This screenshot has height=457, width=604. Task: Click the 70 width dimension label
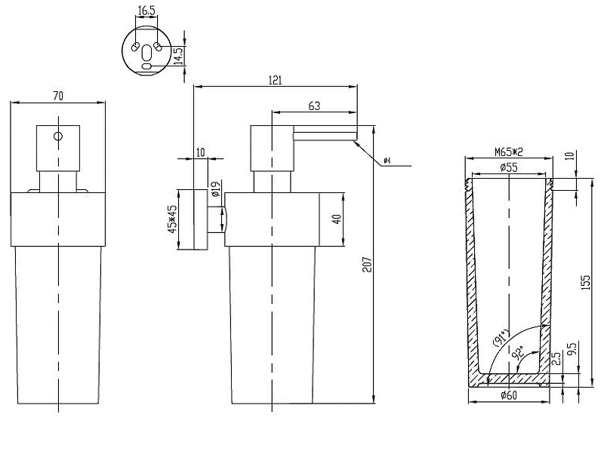[x=58, y=96]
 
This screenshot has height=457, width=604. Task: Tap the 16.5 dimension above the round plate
[x=146, y=11]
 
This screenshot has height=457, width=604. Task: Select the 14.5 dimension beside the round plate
[x=179, y=56]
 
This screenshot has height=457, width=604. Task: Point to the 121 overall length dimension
[x=276, y=80]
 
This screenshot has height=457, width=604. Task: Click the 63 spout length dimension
[x=314, y=106]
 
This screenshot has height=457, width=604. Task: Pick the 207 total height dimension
[x=367, y=265]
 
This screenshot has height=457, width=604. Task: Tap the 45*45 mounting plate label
[x=172, y=219]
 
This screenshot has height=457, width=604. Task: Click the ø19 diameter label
[x=216, y=189]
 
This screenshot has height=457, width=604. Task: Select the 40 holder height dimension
[x=336, y=219]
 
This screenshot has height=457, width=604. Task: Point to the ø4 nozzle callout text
[x=387, y=161]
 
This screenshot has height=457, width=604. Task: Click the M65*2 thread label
[x=509, y=152]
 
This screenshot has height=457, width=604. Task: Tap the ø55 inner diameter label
[x=509, y=167]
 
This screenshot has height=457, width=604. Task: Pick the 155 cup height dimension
[x=585, y=282]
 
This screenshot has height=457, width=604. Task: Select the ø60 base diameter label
[x=509, y=395]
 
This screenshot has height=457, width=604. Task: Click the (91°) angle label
[x=501, y=337]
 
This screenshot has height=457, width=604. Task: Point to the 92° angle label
[x=519, y=352]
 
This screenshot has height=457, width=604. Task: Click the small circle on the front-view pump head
[x=58, y=136]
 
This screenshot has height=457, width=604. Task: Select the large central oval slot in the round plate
[x=146, y=53]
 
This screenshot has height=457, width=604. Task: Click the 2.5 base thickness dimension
[x=556, y=358]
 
